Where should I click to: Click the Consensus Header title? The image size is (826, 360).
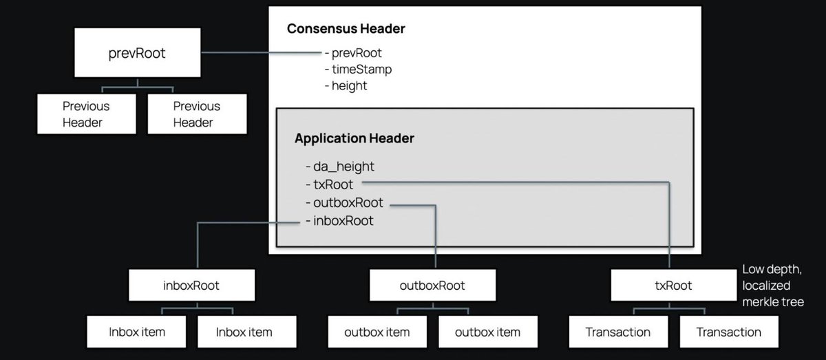point(346,29)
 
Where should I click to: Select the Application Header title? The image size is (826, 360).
point(354,138)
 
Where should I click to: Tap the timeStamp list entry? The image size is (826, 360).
point(358,70)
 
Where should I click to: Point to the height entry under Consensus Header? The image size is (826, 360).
point(346,86)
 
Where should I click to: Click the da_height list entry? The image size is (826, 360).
point(340,167)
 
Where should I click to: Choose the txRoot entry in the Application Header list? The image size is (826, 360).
point(329,184)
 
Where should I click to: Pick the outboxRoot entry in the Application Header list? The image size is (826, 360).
point(344,202)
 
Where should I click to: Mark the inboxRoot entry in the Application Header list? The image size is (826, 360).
point(339,220)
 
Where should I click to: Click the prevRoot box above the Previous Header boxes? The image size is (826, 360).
point(138,53)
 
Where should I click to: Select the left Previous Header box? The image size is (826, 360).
point(87,114)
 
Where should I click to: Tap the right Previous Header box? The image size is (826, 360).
point(198,114)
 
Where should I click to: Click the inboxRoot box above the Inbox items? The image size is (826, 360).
point(192,285)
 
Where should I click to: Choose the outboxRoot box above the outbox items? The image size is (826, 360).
point(432,285)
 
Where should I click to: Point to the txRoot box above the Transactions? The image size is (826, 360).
point(674,285)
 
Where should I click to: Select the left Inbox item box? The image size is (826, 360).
point(136,332)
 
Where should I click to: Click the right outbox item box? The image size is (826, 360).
point(488,332)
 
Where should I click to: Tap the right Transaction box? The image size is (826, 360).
point(729,332)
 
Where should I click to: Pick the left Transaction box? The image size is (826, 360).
point(618,332)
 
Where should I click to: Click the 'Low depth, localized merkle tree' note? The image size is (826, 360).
point(773,286)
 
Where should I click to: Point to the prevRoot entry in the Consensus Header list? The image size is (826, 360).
point(353,53)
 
